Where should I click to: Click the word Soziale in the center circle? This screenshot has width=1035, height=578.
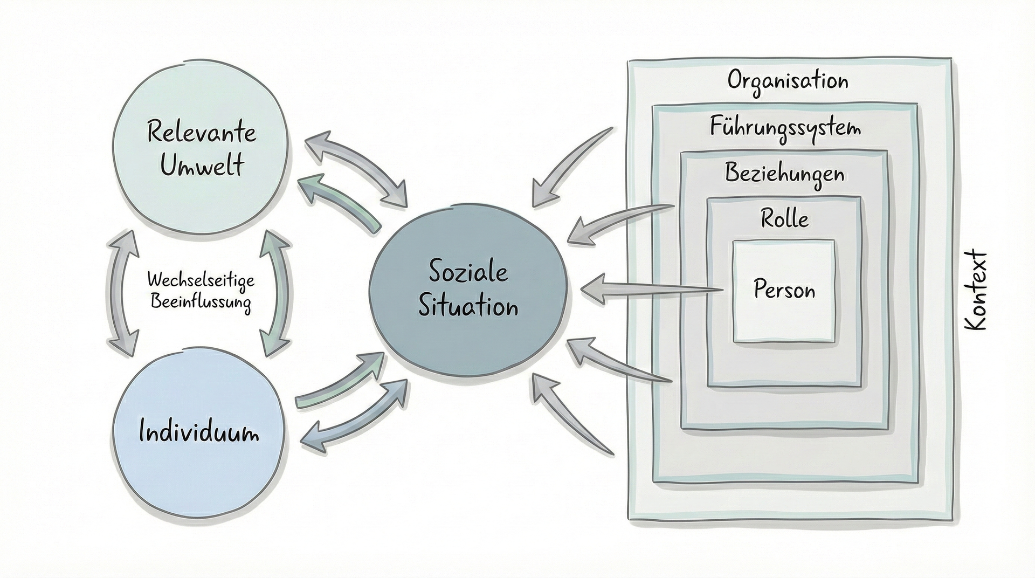[468, 271]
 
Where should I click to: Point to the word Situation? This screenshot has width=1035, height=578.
[468, 306]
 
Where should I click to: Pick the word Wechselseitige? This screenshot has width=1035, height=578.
[201, 280]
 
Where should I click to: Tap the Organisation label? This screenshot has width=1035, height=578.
[788, 81]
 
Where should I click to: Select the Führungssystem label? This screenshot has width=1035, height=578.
[785, 128]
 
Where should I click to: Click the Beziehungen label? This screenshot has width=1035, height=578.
[784, 174]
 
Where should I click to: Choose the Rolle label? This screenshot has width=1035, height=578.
[784, 219]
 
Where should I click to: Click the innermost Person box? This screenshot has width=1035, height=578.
[784, 290]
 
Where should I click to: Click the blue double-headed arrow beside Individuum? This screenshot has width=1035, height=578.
[353, 415]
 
